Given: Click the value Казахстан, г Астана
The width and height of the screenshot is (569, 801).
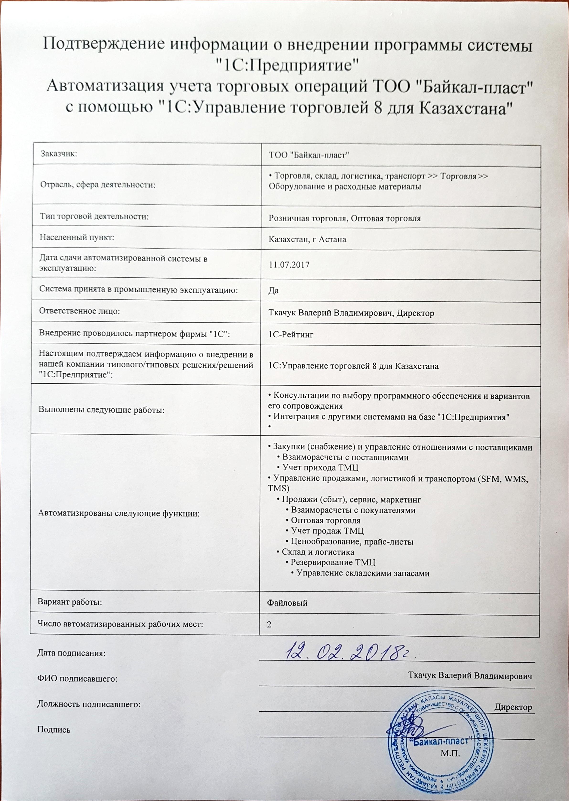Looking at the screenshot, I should coord(307,239).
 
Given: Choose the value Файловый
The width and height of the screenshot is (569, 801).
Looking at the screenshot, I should coord(287,603).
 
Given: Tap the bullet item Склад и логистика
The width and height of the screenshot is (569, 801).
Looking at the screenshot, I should coord(318,552).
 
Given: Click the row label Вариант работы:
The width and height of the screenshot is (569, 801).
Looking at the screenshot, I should coord(70,602).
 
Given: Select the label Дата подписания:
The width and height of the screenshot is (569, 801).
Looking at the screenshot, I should coord(71,653).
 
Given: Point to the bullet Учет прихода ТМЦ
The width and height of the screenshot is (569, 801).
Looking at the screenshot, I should coord(320,468).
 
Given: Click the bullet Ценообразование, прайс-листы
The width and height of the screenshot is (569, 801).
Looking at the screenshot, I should coord(352,541).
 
